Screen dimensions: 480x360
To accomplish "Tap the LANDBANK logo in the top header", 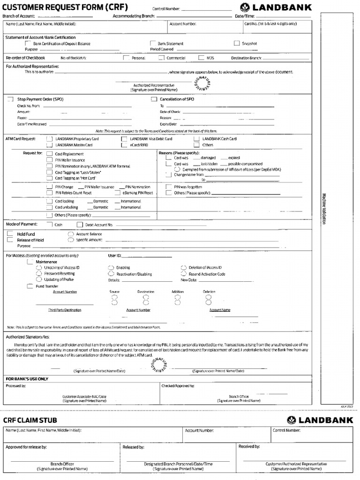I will [x=276, y=7].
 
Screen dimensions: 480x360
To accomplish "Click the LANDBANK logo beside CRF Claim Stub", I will [x=320, y=420].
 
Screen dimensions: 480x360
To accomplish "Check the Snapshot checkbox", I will [x=237, y=43].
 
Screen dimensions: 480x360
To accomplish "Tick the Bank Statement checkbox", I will [x=152, y=43].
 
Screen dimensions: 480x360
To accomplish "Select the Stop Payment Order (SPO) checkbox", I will [x=10, y=99].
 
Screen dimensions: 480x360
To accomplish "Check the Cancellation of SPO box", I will [x=153, y=99].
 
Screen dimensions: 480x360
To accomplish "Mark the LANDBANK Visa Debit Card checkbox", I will [x=124, y=139].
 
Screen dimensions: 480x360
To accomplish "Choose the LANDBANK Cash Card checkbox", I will [x=196, y=139].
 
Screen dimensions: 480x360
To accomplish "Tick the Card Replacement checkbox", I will [x=49, y=154].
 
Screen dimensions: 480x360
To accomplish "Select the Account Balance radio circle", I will [x=70, y=233].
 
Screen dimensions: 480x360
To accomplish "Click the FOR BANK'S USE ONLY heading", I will [x=27, y=378].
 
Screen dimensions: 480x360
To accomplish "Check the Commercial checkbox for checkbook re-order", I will [x=161, y=58].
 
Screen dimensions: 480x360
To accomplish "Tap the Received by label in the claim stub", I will [x=249, y=447].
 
